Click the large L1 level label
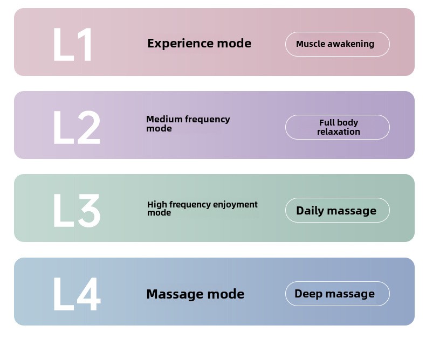(72, 45)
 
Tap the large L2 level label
(77, 127)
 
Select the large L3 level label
(77, 210)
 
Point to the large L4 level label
(77, 294)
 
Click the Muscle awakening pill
(338, 44)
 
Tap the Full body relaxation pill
(338, 127)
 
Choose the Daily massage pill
(338, 210)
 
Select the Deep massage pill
(338, 294)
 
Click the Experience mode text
(199, 44)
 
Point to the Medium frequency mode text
(188, 124)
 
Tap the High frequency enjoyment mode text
(202, 209)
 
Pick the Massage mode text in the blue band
(195, 294)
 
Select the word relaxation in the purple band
(339, 131)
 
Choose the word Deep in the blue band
(308, 294)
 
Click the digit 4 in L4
(89, 294)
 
